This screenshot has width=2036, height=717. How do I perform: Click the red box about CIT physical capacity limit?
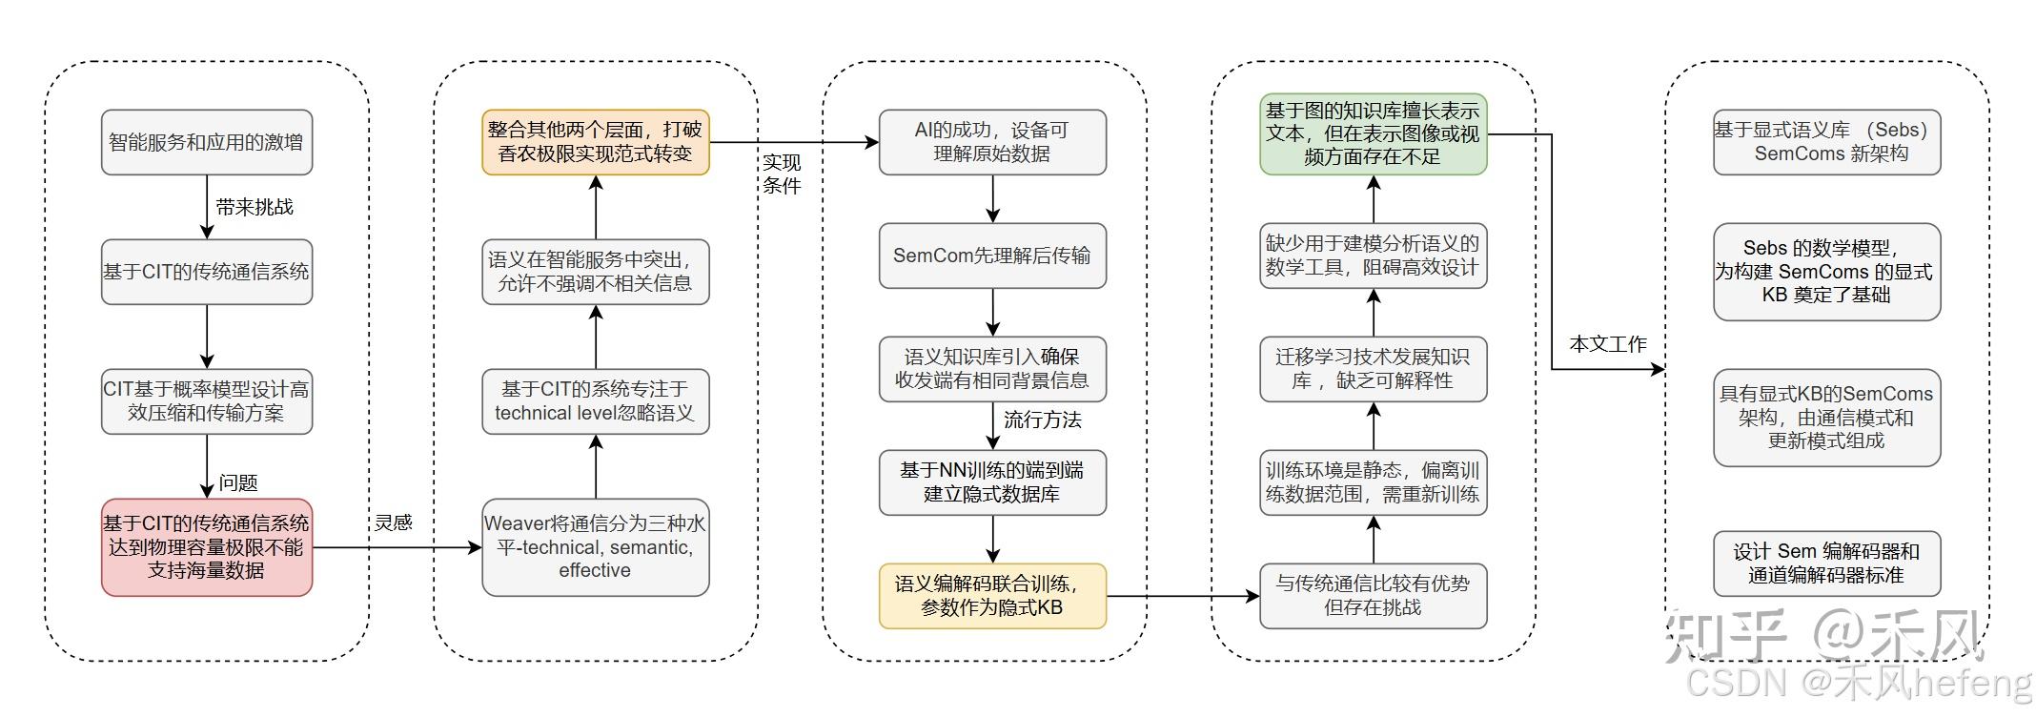(x=207, y=547)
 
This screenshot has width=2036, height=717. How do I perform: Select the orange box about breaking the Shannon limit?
(x=596, y=142)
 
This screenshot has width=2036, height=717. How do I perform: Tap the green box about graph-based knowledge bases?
(x=1373, y=134)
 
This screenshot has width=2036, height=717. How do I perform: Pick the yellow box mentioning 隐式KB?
(x=992, y=596)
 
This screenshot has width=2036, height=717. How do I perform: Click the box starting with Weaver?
(x=596, y=547)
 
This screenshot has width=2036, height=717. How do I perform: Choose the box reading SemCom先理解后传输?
(x=992, y=256)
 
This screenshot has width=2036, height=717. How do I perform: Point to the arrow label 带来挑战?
(x=254, y=207)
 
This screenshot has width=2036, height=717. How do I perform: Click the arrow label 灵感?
(x=394, y=522)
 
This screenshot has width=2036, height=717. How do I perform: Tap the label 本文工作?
(x=1608, y=344)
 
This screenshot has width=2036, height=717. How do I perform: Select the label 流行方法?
(x=1042, y=420)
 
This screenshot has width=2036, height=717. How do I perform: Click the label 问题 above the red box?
(x=238, y=482)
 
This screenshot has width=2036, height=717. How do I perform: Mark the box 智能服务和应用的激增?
(x=207, y=142)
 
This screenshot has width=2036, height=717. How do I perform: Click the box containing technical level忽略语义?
(x=596, y=401)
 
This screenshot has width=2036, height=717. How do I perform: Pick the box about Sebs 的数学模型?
(x=1826, y=272)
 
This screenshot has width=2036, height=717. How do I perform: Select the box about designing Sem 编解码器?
(x=1826, y=563)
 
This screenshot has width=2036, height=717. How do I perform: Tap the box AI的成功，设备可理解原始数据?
(x=992, y=142)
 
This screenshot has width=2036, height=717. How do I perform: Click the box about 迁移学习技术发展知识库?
(x=1373, y=369)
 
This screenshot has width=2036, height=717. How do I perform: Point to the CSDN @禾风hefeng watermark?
(x=1859, y=684)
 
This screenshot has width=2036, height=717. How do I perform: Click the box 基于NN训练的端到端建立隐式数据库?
(x=992, y=482)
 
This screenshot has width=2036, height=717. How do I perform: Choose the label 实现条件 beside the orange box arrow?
(x=782, y=174)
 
